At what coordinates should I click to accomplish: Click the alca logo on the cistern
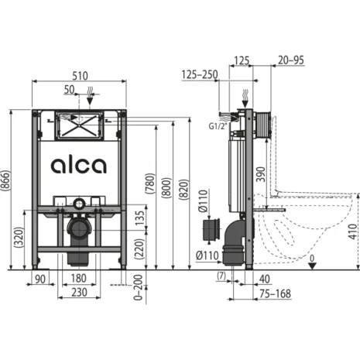click(79, 166)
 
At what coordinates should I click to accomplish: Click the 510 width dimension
click(80, 76)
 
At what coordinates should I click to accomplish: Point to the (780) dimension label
click(150, 183)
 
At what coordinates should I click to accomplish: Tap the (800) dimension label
click(166, 187)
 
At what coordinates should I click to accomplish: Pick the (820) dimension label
click(183, 190)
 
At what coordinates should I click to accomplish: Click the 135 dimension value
click(140, 218)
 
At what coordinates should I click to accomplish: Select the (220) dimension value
click(139, 249)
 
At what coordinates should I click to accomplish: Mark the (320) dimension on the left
click(19, 238)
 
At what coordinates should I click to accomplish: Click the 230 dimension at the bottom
click(79, 293)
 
